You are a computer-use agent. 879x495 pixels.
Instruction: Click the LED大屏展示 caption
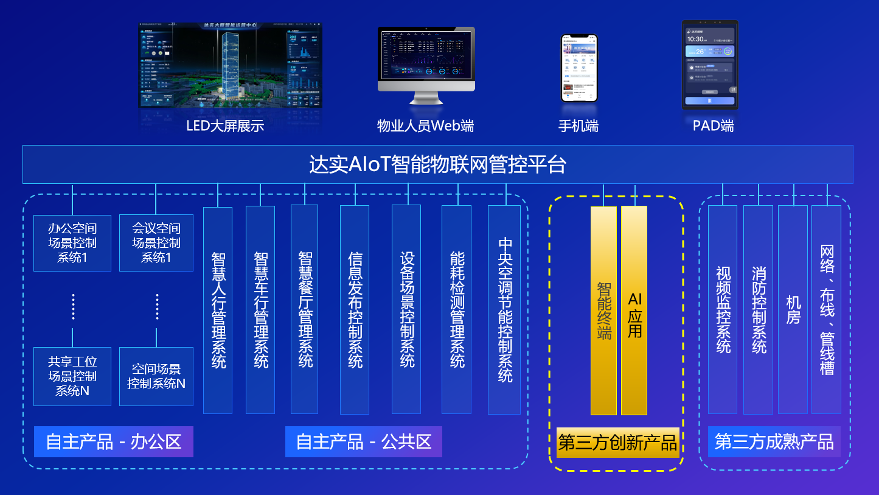tap(225, 126)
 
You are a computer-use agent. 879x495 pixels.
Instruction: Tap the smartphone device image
tap(579, 68)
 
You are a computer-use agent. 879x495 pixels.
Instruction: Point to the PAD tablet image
tap(710, 65)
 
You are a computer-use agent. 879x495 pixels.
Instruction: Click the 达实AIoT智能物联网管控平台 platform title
tap(437, 164)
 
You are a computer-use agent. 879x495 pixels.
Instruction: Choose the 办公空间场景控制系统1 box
tap(72, 243)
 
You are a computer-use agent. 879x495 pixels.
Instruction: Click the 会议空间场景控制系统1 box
tap(156, 243)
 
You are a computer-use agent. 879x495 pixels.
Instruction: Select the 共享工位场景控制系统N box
tap(72, 376)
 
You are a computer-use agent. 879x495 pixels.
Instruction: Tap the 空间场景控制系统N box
tap(156, 376)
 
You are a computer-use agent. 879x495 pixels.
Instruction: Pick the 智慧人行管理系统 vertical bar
tap(218, 311)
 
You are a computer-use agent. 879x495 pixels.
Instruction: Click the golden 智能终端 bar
tap(603, 311)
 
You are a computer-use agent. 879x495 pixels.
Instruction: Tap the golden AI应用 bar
tap(634, 311)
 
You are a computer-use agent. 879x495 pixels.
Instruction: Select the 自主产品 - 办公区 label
tap(114, 441)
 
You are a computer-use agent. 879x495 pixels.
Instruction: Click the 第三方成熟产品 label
tap(774, 441)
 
